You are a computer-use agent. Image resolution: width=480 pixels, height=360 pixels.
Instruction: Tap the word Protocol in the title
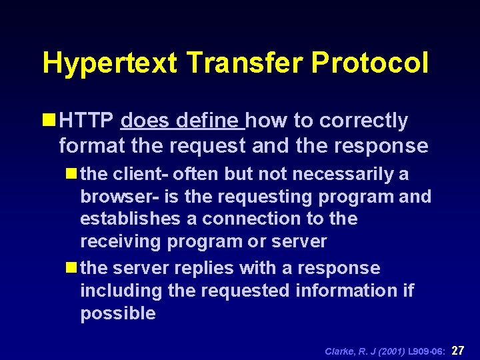370,64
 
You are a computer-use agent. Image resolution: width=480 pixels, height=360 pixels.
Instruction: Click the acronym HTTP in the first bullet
87,121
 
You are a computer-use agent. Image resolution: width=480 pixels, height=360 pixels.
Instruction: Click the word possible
118,314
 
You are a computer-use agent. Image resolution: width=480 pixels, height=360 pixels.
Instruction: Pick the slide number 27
459,350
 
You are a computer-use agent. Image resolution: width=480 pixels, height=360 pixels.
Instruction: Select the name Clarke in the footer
339,351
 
